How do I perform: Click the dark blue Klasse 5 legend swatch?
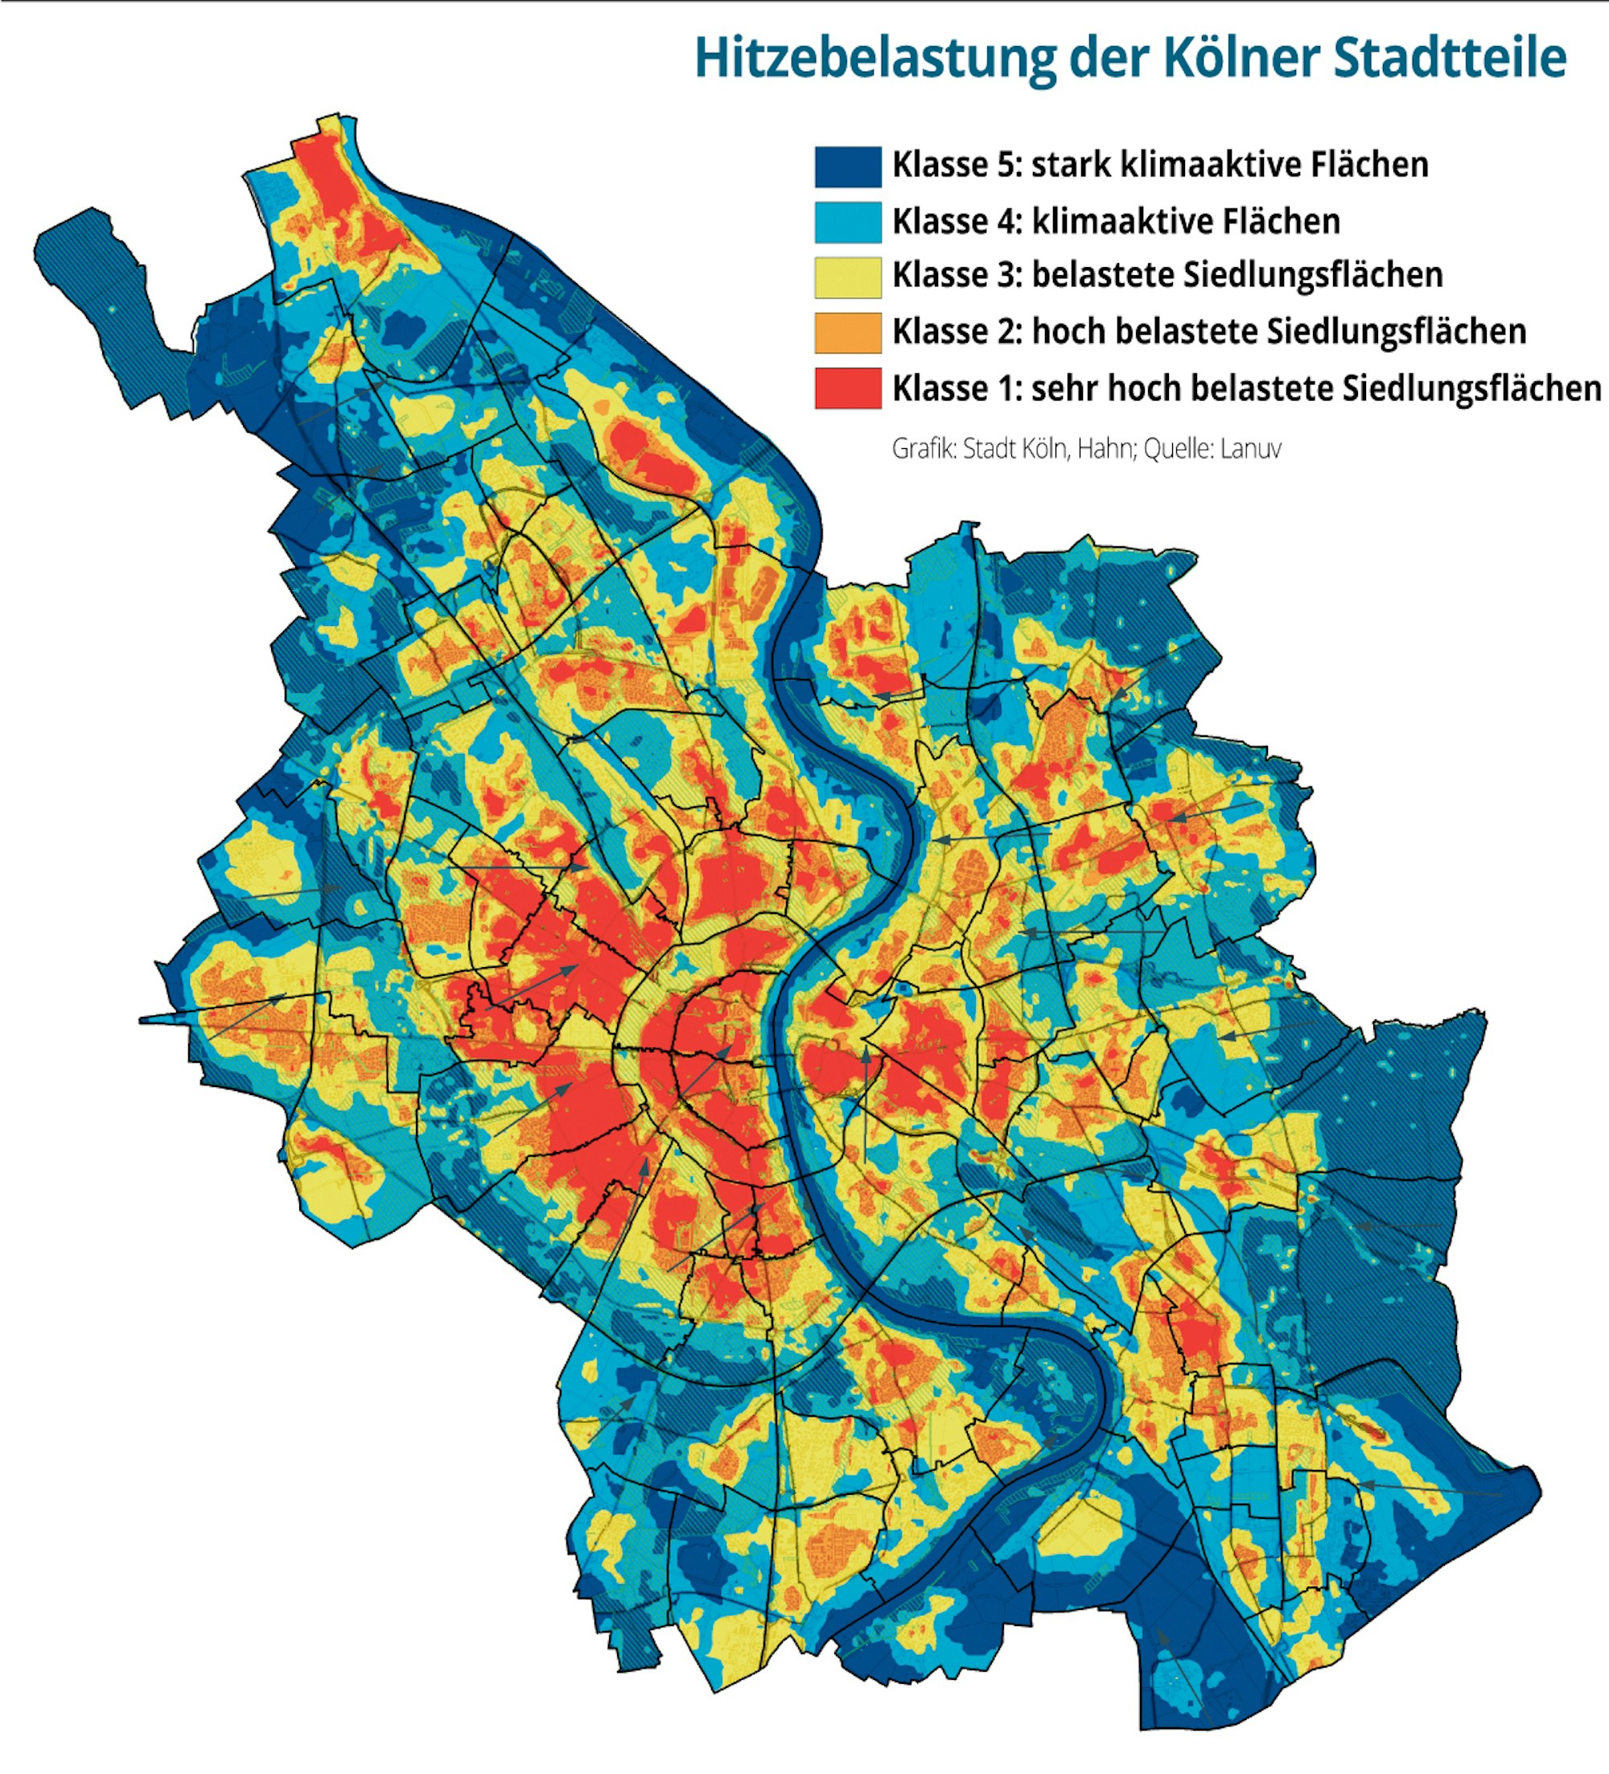click(847, 167)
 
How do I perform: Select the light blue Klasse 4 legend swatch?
click(847, 222)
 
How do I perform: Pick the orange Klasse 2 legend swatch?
click(847, 332)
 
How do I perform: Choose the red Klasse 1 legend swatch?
click(847, 388)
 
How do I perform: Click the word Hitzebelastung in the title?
click(874, 59)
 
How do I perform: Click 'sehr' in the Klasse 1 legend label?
click(1065, 388)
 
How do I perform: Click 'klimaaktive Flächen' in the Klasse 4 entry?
click(1186, 221)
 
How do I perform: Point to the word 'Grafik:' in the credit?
click(924, 449)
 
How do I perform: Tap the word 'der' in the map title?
click(1110, 59)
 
